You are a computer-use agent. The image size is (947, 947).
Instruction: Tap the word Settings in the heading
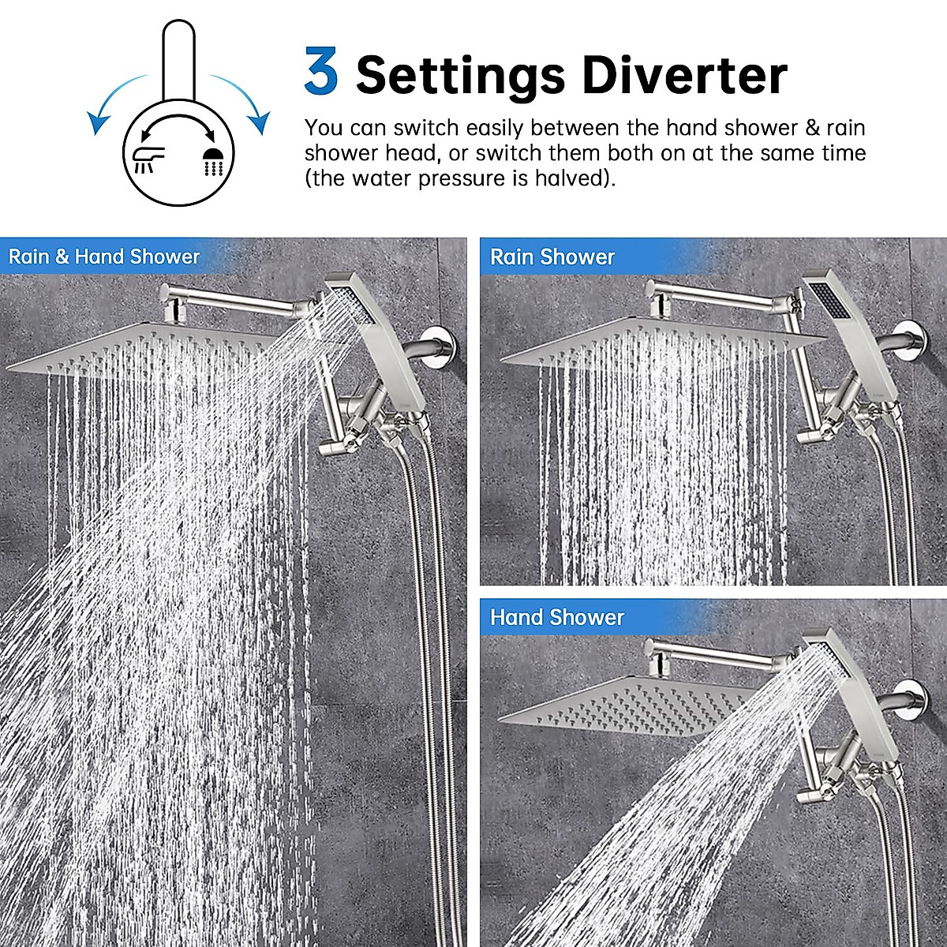pyautogui.click(x=461, y=77)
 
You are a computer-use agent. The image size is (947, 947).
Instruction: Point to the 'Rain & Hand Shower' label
pyautogui.click(x=104, y=256)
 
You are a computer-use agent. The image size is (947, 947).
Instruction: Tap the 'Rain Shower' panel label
pyautogui.click(x=552, y=256)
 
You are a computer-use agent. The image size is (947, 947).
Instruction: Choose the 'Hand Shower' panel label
pyautogui.click(x=557, y=617)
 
